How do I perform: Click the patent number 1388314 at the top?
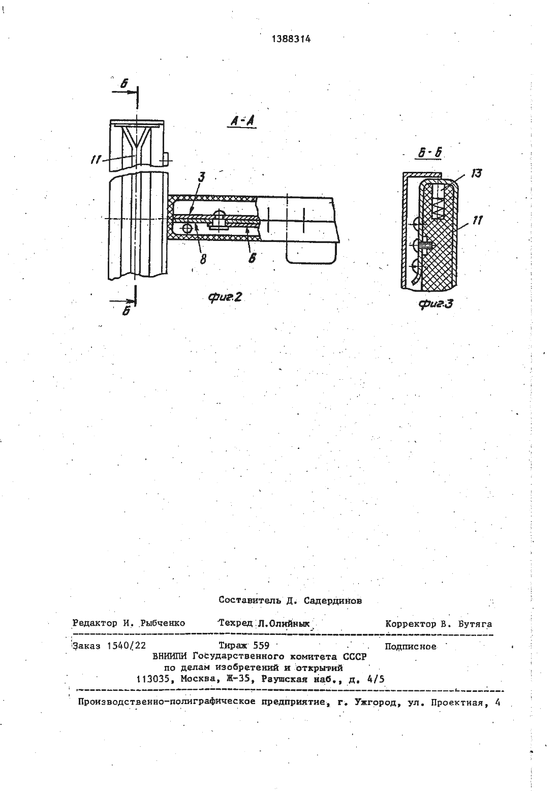click(x=291, y=39)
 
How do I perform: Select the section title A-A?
click(x=242, y=121)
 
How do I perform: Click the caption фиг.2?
click(x=225, y=297)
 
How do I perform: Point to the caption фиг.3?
click(x=436, y=303)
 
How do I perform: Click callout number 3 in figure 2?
click(x=202, y=177)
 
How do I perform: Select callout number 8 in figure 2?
click(x=203, y=260)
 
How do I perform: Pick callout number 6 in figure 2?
click(x=252, y=258)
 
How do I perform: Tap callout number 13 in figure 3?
click(x=476, y=173)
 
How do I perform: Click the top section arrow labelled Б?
click(x=124, y=92)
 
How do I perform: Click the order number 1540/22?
click(x=126, y=646)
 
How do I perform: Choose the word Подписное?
click(x=410, y=646)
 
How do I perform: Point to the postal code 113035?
click(x=153, y=679)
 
